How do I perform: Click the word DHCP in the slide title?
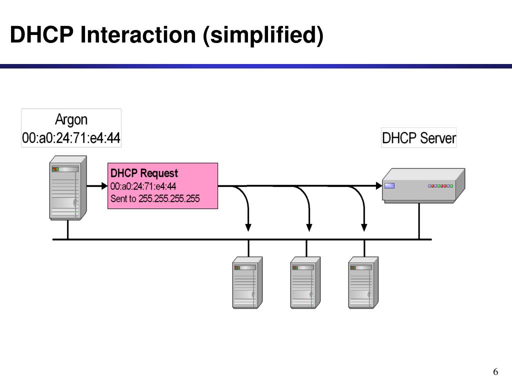[42, 34]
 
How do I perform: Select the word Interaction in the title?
[138, 34]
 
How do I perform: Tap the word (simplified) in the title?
[263, 35]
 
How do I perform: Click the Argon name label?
[71, 120]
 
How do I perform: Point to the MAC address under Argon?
[71, 138]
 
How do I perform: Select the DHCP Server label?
[418, 138]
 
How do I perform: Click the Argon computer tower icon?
[68, 188]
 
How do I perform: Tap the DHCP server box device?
[423, 185]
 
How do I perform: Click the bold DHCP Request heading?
[144, 173]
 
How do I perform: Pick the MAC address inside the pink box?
[143, 186]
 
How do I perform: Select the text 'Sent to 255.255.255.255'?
[155, 198]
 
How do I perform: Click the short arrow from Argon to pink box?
[97, 186]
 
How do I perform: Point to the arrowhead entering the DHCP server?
[379, 186]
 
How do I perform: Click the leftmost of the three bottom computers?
[247, 282]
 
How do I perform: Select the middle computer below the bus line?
[305, 282]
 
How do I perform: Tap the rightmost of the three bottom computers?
[363, 282]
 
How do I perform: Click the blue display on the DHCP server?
[389, 186]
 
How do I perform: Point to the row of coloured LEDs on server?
[440, 186]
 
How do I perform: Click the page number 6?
[495, 372]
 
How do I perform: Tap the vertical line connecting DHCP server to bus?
[419, 221]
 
